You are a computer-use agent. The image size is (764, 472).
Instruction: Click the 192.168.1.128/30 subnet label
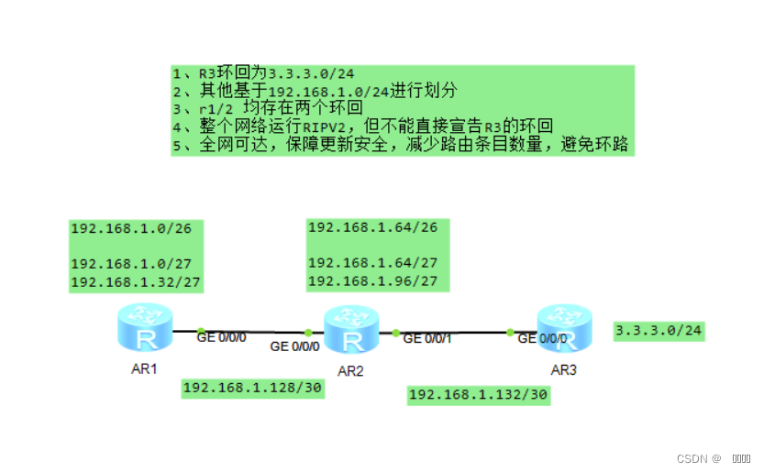click(x=253, y=388)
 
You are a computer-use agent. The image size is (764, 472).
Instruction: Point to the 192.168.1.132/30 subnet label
click(x=478, y=395)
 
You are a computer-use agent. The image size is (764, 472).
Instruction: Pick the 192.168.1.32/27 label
click(x=136, y=282)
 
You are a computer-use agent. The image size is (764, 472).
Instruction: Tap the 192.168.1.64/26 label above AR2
click(x=372, y=227)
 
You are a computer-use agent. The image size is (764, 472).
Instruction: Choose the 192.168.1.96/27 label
click(x=372, y=280)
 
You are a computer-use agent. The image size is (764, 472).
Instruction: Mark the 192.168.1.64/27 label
click(x=372, y=262)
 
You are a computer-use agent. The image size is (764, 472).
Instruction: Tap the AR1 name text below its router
click(x=145, y=370)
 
